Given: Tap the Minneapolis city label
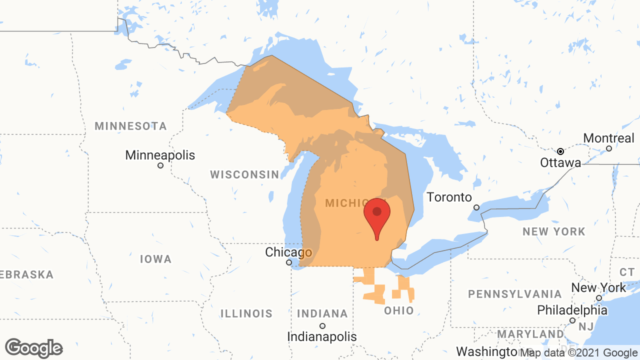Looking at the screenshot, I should [160, 155].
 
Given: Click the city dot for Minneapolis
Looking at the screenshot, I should [160, 165].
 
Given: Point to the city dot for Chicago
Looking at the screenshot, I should [289, 262].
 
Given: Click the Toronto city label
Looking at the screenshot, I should [449, 197].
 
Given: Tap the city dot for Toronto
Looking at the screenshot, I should [476, 207].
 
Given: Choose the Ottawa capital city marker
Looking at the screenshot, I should [561, 151].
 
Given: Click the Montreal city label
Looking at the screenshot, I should [608, 137].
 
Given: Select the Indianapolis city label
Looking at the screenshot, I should [322, 336].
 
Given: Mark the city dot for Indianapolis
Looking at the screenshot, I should [322, 326].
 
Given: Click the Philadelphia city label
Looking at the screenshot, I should [572, 310].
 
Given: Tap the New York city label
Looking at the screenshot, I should [598, 287].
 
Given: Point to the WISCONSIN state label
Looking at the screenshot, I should [244, 174].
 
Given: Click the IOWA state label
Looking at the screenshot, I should [155, 259].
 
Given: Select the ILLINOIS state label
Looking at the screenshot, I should [246, 313].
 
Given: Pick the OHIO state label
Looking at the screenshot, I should [399, 310].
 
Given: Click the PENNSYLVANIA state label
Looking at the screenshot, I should [515, 293].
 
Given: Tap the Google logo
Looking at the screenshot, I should [34, 348].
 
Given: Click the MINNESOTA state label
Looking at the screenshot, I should [131, 126].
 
